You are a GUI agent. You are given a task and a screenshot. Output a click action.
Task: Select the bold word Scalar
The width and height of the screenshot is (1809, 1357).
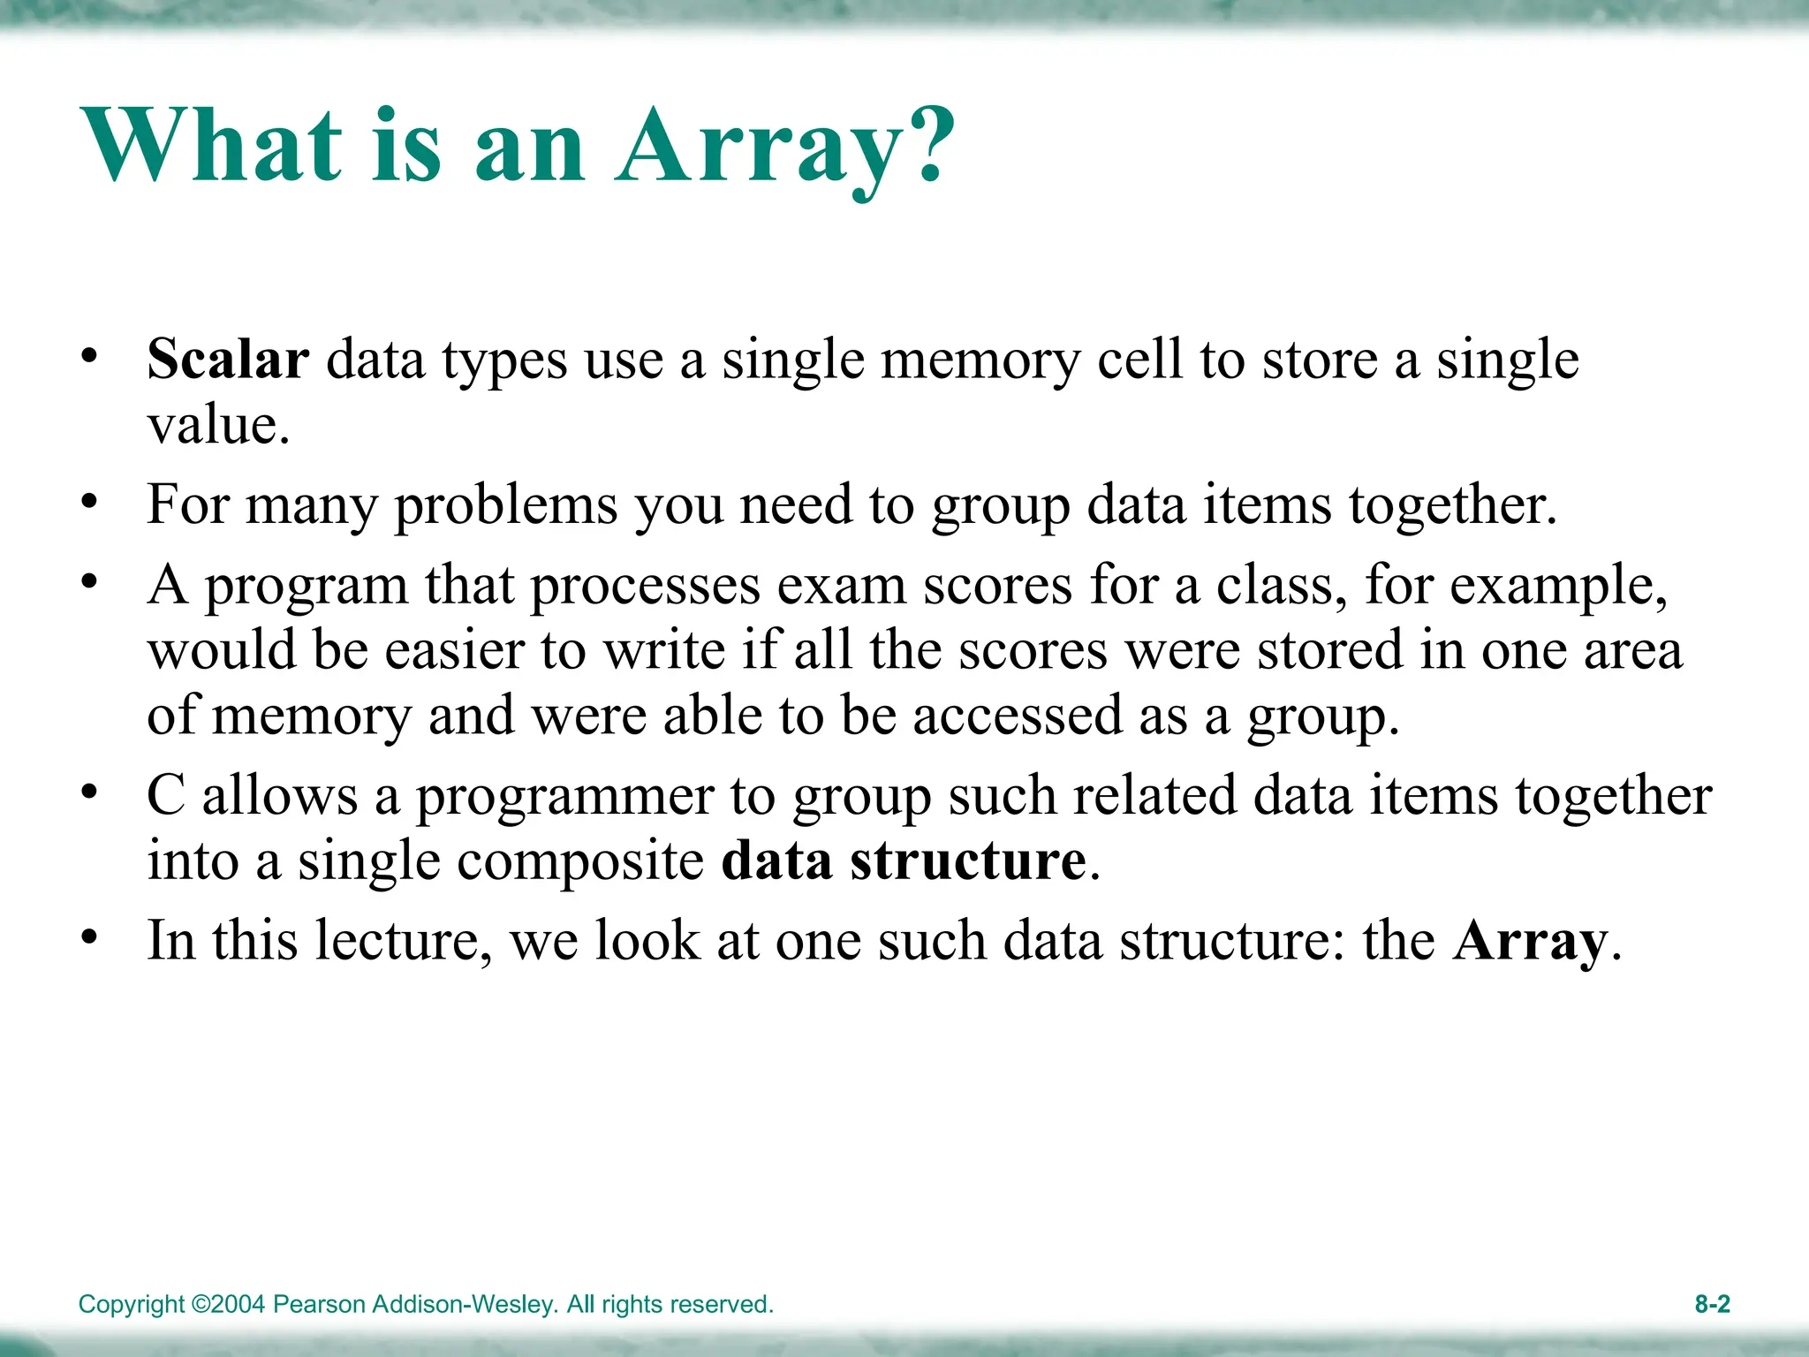coord(228,360)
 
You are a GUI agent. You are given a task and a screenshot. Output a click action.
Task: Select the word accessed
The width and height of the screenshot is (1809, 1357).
coord(1017,716)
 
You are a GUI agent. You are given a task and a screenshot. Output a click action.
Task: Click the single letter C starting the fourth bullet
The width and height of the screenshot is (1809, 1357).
coord(165,796)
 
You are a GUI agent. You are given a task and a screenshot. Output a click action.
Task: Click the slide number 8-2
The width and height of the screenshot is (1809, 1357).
coord(1712,1304)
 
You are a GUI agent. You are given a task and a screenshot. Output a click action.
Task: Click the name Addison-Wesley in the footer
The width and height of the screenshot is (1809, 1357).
coord(465,1305)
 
